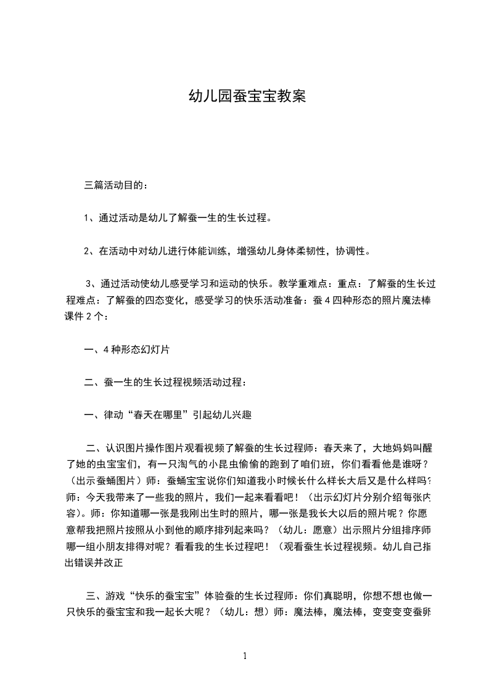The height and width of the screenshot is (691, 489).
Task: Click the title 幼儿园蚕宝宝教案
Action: pos(247,97)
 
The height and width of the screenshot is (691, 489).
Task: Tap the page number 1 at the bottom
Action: pos(245,656)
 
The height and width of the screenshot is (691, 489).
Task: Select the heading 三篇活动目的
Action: pos(115,184)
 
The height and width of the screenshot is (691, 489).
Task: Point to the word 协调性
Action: pos(351,251)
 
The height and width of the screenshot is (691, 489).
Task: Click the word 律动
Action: pos(109,415)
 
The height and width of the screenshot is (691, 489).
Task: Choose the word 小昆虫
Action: pos(207,464)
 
